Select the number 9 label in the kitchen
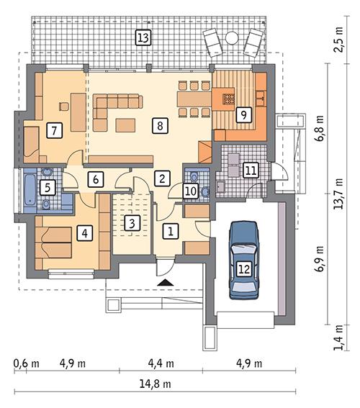point(243,114)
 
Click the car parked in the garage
point(244,260)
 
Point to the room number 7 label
point(52,130)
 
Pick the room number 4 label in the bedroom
point(85,233)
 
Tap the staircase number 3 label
point(131,223)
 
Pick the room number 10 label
point(189,191)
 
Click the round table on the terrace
point(231,37)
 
